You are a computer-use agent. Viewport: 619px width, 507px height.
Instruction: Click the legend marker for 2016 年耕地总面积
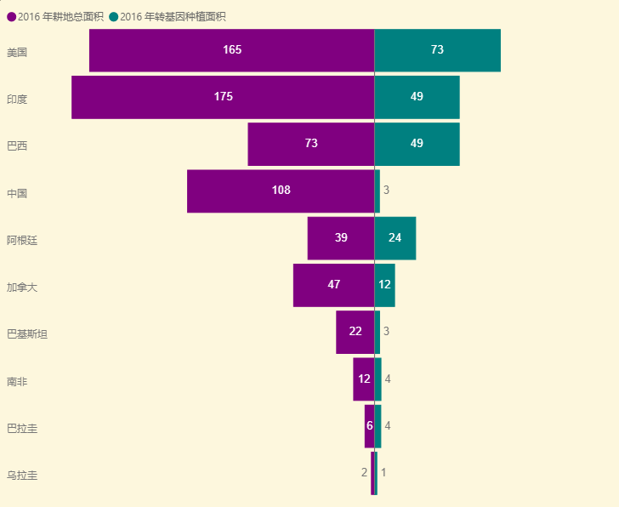[x=11, y=16]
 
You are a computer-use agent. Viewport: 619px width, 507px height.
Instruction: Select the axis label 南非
[x=17, y=381]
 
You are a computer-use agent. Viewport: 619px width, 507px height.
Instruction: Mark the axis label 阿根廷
[x=22, y=240]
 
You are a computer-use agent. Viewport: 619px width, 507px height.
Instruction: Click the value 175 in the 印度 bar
[x=223, y=97]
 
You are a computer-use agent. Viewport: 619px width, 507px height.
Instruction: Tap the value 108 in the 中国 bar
[x=281, y=191]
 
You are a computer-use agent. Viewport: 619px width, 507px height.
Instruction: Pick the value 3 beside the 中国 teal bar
[x=386, y=191]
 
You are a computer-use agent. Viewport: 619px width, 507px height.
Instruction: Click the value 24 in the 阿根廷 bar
[x=395, y=238]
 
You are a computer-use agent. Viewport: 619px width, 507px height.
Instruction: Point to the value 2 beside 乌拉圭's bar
[x=364, y=472]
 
